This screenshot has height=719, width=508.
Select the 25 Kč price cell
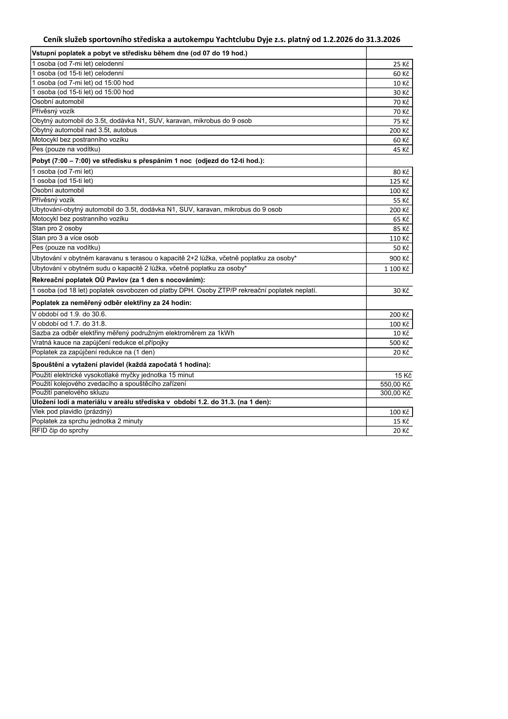click(x=401, y=64)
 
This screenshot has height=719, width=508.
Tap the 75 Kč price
click(x=401, y=121)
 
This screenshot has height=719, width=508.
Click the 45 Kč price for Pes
click(x=401, y=150)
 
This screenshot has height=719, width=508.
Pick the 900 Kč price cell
click(x=399, y=258)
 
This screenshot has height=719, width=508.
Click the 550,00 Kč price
click(x=395, y=384)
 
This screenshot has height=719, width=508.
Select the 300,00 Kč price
click(x=395, y=393)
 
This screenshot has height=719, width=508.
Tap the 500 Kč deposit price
click(x=399, y=343)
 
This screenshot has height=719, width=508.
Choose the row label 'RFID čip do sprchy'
click(x=60, y=431)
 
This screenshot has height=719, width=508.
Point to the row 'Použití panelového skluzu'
click(x=70, y=392)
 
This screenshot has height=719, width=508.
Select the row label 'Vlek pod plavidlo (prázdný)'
click(x=72, y=411)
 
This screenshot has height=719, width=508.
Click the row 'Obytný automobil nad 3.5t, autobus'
click(x=84, y=130)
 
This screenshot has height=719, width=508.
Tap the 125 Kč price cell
click(x=399, y=181)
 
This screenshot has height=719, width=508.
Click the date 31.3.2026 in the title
click(x=383, y=39)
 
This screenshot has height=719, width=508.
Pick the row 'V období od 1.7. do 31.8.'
click(x=69, y=324)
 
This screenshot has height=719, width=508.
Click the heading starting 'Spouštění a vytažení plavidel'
click(x=121, y=364)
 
